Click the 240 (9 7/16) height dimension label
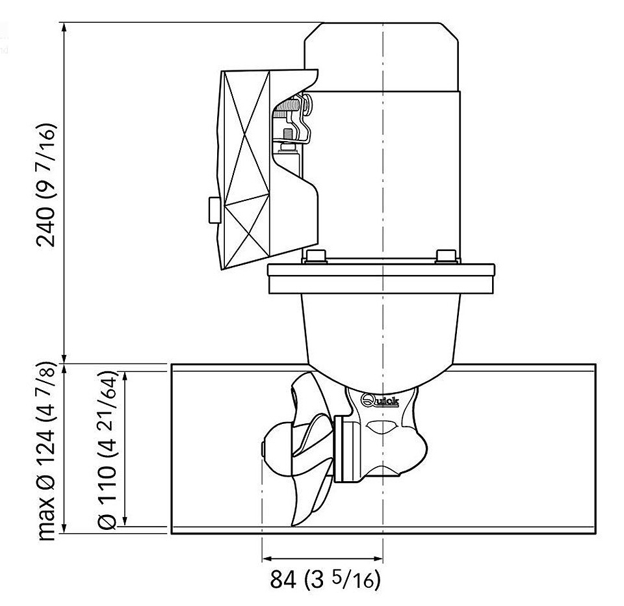tap(45, 185)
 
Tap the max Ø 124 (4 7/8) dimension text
tap(45, 451)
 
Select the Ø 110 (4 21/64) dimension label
tap(107, 451)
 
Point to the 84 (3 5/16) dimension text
tap(325, 579)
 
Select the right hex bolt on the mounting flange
tap(446, 256)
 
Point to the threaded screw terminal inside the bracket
tap(288, 107)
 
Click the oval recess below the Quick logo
tap(381, 427)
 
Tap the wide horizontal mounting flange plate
tap(381, 279)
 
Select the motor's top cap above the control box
tap(382, 57)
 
